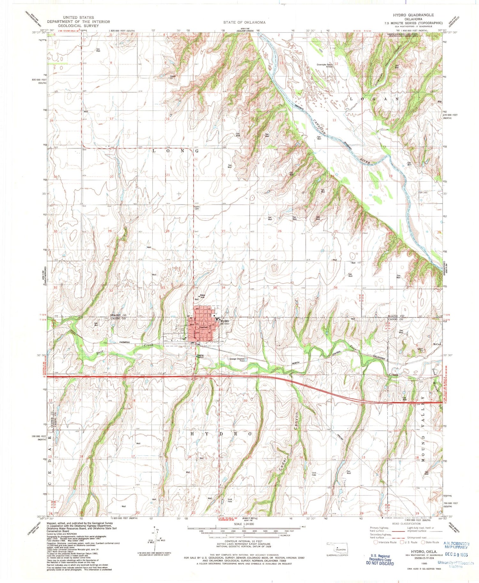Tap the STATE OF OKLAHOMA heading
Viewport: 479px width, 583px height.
(x=244, y=22)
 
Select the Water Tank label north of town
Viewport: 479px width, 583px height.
(x=202, y=296)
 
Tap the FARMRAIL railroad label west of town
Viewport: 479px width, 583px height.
(x=125, y=342)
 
